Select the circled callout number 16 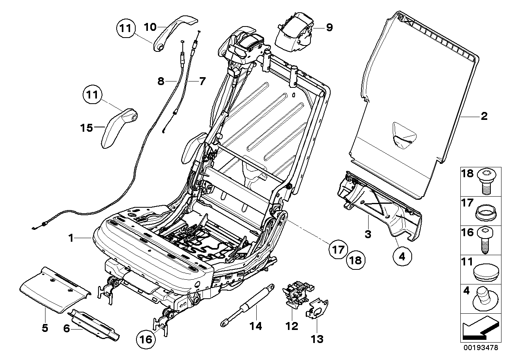(x=146, y=339)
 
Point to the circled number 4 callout (x=402, y=256)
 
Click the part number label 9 (x=329, y=28)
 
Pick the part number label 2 (x=484, y=116)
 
